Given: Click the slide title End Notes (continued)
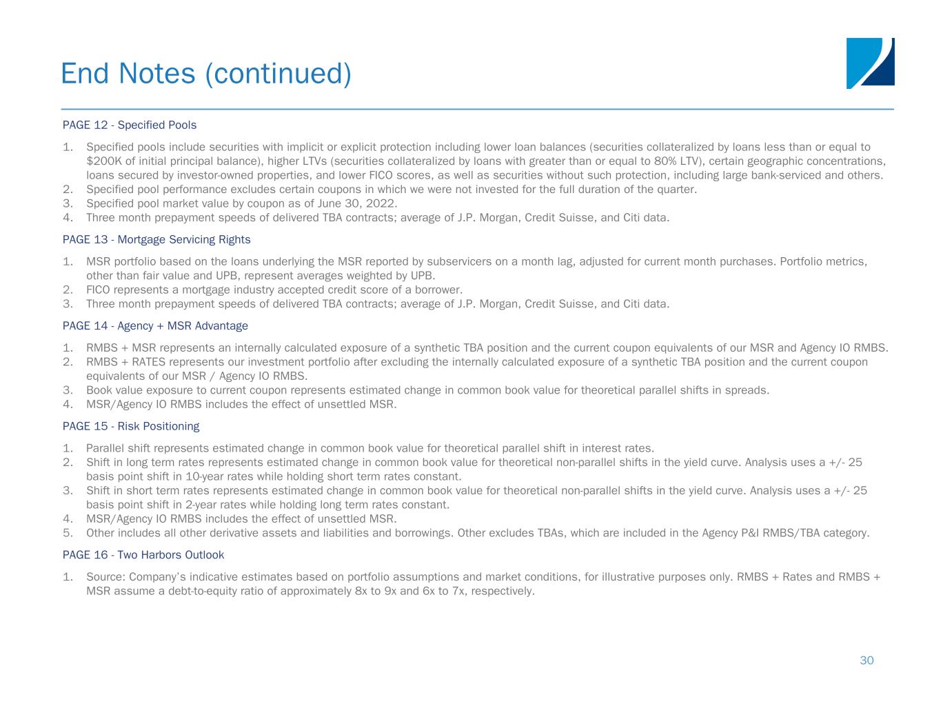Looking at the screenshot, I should tap(205, 73).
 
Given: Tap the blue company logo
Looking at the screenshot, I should tap(870, 63).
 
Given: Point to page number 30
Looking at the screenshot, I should tap(867, 660).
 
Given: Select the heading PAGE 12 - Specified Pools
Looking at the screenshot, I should tap(130, 125).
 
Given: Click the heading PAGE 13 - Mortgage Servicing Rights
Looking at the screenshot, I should tap(156, 239).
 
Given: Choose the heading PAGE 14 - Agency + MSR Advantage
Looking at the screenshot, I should tap(155, 325).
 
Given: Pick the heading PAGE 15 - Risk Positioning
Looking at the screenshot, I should tap(131, 426).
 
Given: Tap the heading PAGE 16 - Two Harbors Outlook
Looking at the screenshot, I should tap(143, 554).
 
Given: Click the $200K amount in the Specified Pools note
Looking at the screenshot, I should tap(101, 161).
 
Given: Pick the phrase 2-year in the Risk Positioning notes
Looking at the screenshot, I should tap(194, 505).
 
